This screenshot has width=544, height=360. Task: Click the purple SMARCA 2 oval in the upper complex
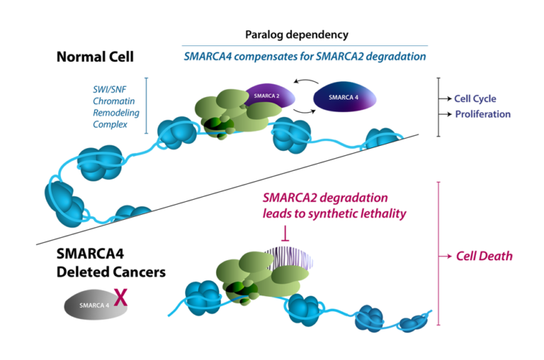pos(268,95)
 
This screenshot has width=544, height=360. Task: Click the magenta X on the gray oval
pos(121,296)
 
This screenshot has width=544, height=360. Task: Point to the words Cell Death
pos(484,256)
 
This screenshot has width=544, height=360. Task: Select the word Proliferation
pos(482,113)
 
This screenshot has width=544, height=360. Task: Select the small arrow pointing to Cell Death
pos(446,256)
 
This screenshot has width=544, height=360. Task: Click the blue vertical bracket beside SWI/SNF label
pos(146,105)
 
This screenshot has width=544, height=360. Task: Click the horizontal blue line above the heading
pos(305,46)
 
